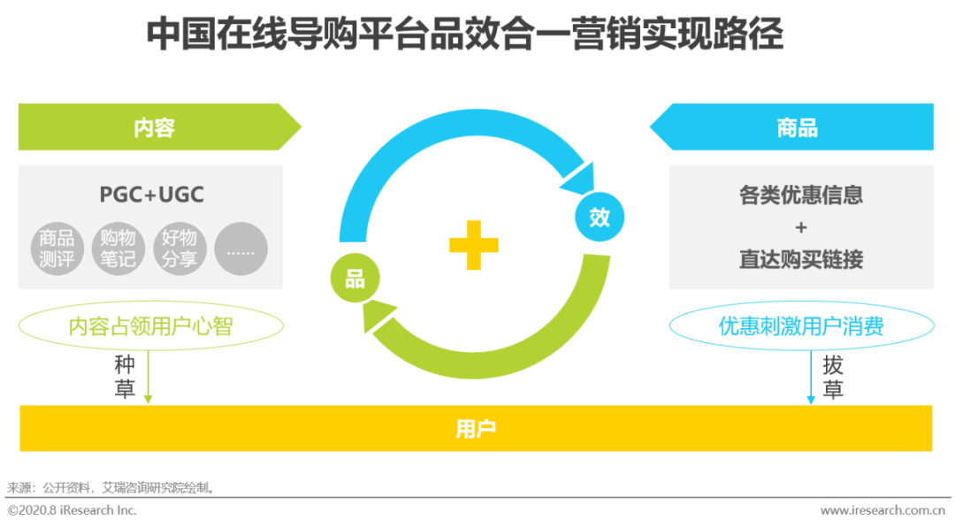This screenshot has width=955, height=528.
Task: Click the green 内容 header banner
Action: point(155,127)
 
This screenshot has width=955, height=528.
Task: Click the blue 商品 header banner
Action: point(797,127)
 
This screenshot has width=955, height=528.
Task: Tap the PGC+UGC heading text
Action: point(151,195)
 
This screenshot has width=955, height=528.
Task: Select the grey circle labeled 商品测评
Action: point(57,249)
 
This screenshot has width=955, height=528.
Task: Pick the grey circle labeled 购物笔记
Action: point(118,249)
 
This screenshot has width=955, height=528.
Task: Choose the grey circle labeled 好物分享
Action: point(180,249)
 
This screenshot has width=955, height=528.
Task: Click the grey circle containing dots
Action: point(241,249)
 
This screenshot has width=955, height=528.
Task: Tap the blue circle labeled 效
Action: point(600,217)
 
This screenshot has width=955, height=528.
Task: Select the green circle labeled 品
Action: point(355,279)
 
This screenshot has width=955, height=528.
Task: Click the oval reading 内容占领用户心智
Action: point(151,326)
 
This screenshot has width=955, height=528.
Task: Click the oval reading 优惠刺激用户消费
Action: point(801,326)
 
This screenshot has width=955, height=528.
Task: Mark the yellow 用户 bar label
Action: point(476,429)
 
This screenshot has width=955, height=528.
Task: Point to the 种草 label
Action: point(125,377)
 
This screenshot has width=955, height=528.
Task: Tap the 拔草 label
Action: point(833,377)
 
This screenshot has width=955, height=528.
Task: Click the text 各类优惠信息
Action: point(801,195)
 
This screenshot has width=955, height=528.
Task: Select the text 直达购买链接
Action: point(801,259)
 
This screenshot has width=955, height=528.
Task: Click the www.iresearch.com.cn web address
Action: point(887,510)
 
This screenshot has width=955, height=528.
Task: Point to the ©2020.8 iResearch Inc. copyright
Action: point(73,510)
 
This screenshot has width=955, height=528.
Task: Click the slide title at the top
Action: point(465,35)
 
